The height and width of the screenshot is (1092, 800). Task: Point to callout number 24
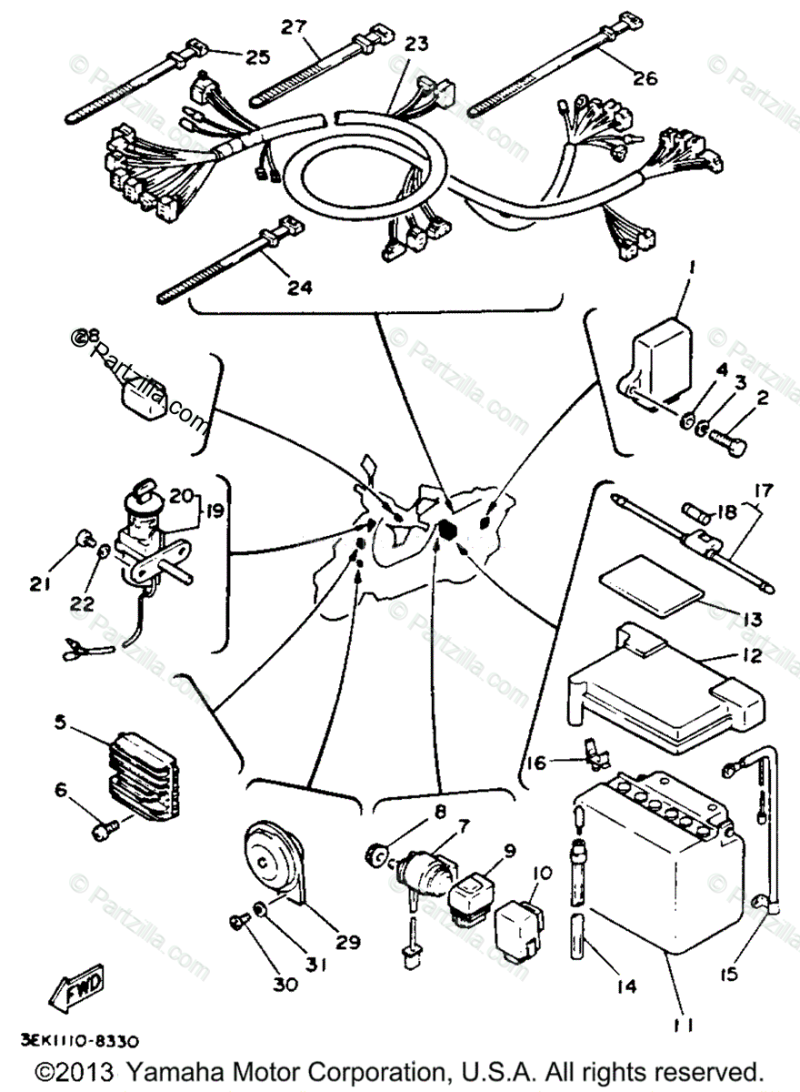coord(298,288)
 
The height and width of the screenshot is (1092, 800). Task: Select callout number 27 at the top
coord(294,27)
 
